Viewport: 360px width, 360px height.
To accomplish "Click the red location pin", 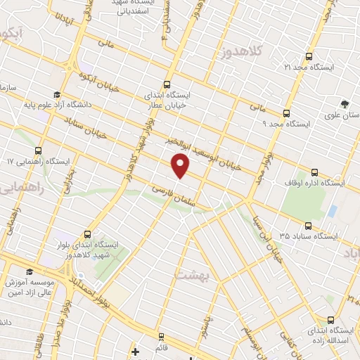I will click(181, 166).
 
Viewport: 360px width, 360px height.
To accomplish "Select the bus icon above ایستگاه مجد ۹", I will click(286, 112).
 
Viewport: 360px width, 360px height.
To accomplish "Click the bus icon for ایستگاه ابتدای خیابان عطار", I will click(167, 83).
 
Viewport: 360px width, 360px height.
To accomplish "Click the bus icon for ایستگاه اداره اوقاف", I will click(314, 172).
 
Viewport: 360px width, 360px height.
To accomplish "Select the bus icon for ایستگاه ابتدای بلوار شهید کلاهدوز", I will click(88, 234).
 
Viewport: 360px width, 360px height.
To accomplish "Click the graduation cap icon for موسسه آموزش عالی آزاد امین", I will click(29, 271).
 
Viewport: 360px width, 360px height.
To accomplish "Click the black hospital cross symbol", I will click(136, 350).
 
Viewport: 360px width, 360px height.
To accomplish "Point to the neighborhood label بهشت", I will click(191, 275).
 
